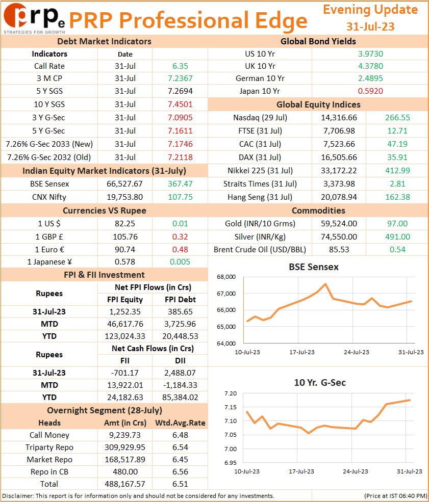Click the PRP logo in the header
34,18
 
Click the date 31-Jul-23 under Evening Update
370,27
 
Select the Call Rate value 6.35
180,66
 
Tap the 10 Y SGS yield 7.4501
180,104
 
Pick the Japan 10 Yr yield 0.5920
370,91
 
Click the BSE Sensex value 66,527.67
124,184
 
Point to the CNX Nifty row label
49,197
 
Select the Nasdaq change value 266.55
397,118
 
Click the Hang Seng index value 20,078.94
339,197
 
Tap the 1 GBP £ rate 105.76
125,236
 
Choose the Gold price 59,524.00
339,223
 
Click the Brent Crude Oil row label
260,249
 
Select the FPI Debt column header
180,299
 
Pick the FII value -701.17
124,373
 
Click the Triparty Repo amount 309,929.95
124,447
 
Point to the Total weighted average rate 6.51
180,484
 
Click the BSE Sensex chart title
314,267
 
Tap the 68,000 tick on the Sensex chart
226,277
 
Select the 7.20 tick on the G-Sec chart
231,393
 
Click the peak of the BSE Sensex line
325,284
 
